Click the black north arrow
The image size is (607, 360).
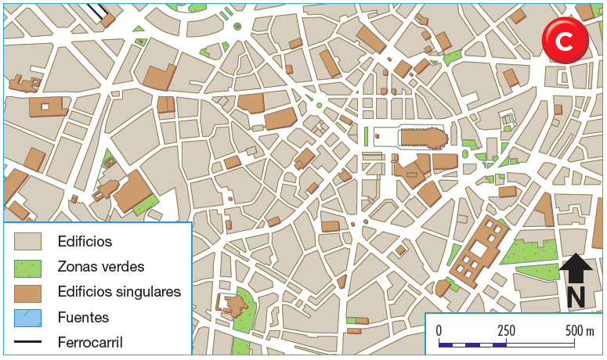576,268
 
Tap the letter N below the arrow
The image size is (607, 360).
576,297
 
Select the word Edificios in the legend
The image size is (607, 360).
85,241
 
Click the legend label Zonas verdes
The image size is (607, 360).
100,266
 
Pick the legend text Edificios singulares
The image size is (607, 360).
119,292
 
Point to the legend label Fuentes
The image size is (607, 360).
83,317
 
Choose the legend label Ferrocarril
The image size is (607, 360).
90,342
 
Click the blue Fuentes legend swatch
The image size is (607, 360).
28,317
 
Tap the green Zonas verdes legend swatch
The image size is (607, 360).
28,267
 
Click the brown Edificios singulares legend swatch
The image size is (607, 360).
28,292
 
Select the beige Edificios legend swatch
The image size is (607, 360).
28,241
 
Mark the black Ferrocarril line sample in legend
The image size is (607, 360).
28,342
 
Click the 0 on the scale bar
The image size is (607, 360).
439,329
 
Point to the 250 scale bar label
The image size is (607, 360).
506,329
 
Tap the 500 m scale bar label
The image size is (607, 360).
580,329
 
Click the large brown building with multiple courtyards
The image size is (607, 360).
479,250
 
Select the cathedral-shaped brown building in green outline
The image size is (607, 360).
423,138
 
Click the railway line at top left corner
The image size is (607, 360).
98,10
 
